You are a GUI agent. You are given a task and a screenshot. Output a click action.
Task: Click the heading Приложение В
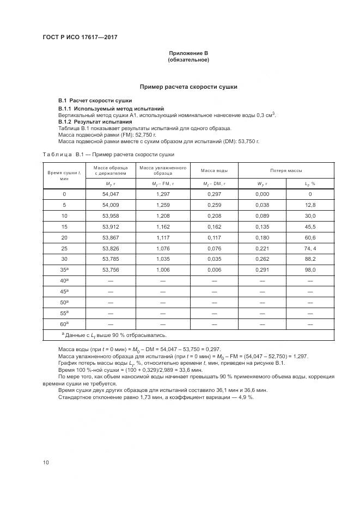pos(188,53)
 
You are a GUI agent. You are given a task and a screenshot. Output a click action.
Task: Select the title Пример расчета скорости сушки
pos(188,87)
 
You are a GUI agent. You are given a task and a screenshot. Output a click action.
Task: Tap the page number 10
pos(46,462)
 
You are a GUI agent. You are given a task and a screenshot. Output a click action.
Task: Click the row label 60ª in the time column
pos(64,324)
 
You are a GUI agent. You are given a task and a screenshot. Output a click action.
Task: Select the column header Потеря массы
pos(286,170)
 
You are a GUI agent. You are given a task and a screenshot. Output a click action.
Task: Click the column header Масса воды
pos(214,170)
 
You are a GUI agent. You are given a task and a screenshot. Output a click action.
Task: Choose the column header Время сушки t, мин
pos(64,175)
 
